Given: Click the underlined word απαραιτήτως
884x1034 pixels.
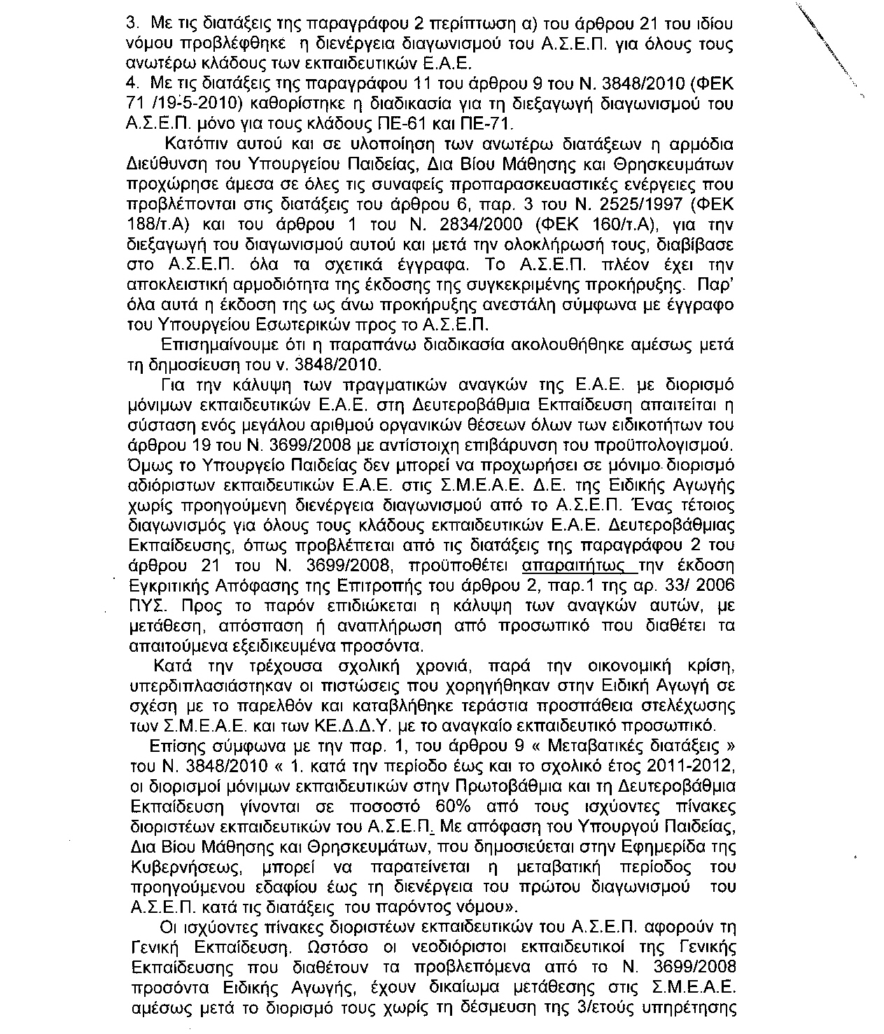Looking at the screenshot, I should click(x=570, y=566).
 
